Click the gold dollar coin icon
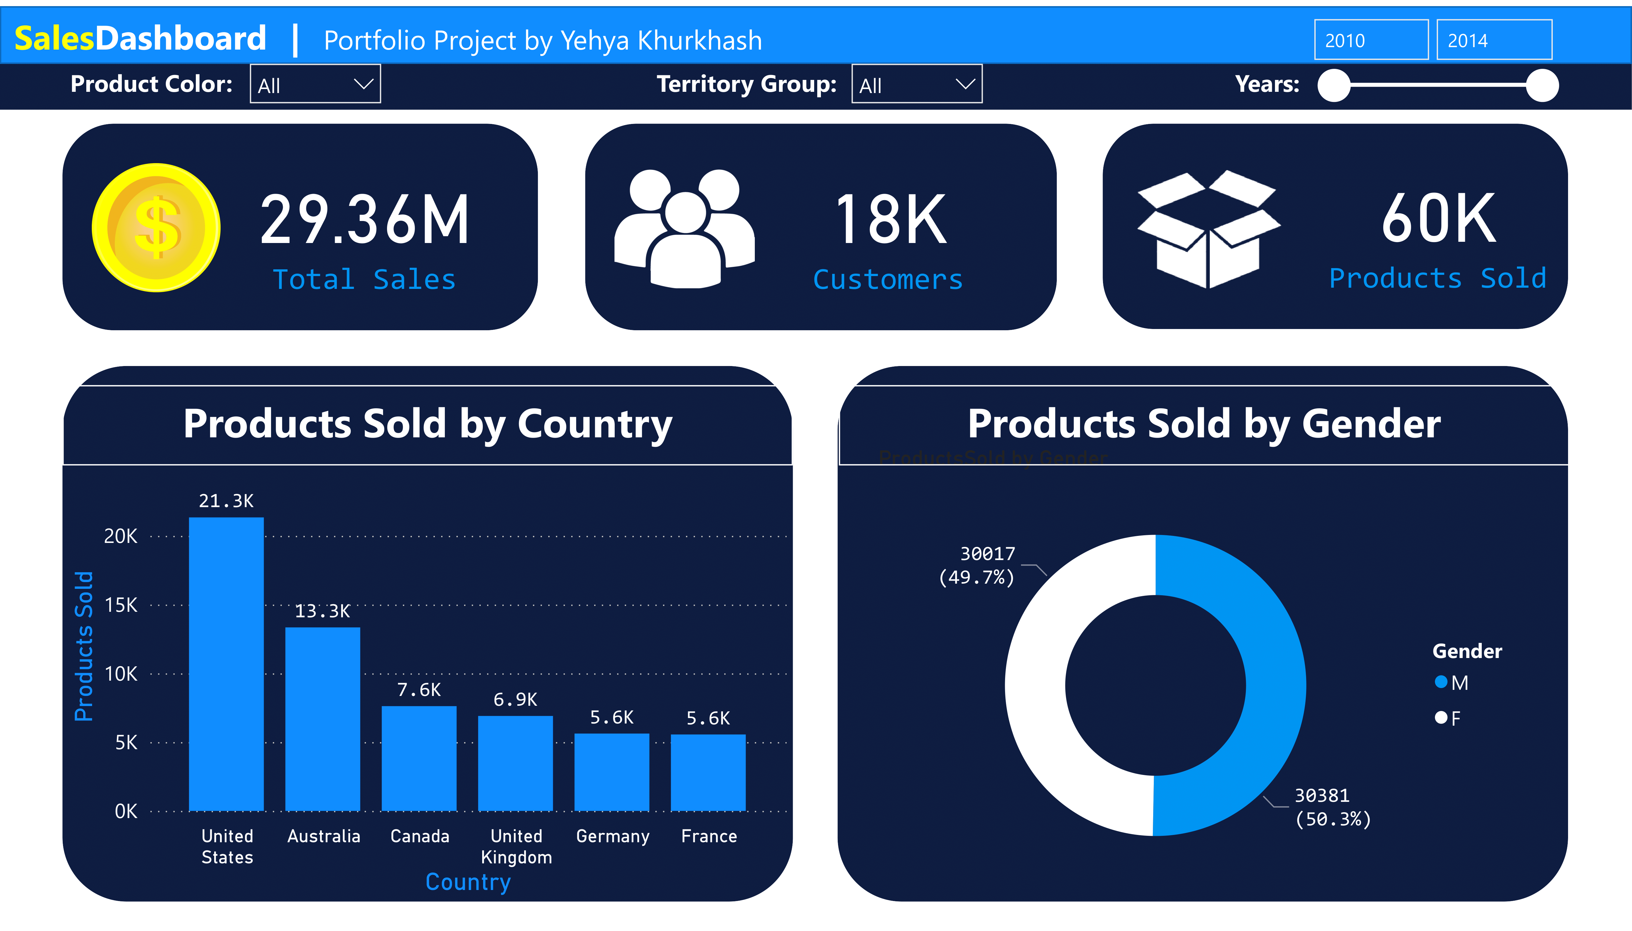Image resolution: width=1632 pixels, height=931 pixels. pos(156,228)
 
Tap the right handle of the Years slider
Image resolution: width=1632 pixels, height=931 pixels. pos(1542,85)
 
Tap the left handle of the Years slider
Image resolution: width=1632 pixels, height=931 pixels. pos(1334,85)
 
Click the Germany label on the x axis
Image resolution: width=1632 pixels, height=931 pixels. pos(613,836)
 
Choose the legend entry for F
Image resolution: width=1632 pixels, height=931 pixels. pos(1448,718)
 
